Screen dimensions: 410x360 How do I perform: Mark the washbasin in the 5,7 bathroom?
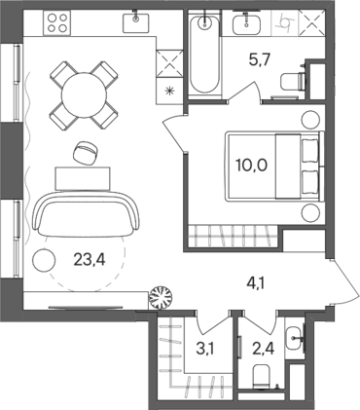[x=249, y=23]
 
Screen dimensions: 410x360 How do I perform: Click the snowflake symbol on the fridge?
[x=173, y=91]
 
